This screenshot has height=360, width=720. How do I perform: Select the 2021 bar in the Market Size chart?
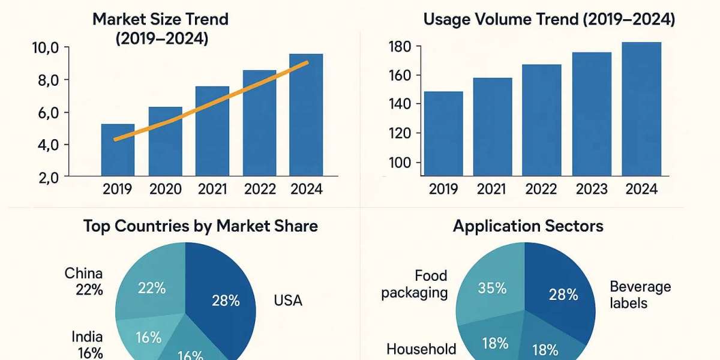point(212,132)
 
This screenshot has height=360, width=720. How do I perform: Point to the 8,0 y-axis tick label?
point(46,80)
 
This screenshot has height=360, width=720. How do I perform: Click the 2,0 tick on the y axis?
point(46,177)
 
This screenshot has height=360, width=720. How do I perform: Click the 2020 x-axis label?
point(166,190)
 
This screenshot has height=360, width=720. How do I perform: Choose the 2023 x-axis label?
point(593,189)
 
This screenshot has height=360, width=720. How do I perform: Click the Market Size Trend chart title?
point(160,28)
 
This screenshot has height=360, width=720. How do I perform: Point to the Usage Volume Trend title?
point(549,19)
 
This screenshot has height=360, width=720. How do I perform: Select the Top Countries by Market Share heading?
point(200,226)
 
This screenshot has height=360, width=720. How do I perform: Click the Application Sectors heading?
point(528,226)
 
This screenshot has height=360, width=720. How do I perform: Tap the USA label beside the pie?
point(288,300)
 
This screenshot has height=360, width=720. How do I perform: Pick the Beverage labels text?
point(640,295)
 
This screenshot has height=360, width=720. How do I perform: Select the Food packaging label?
point(415,284)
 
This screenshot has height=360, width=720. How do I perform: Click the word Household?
point(421,349)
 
